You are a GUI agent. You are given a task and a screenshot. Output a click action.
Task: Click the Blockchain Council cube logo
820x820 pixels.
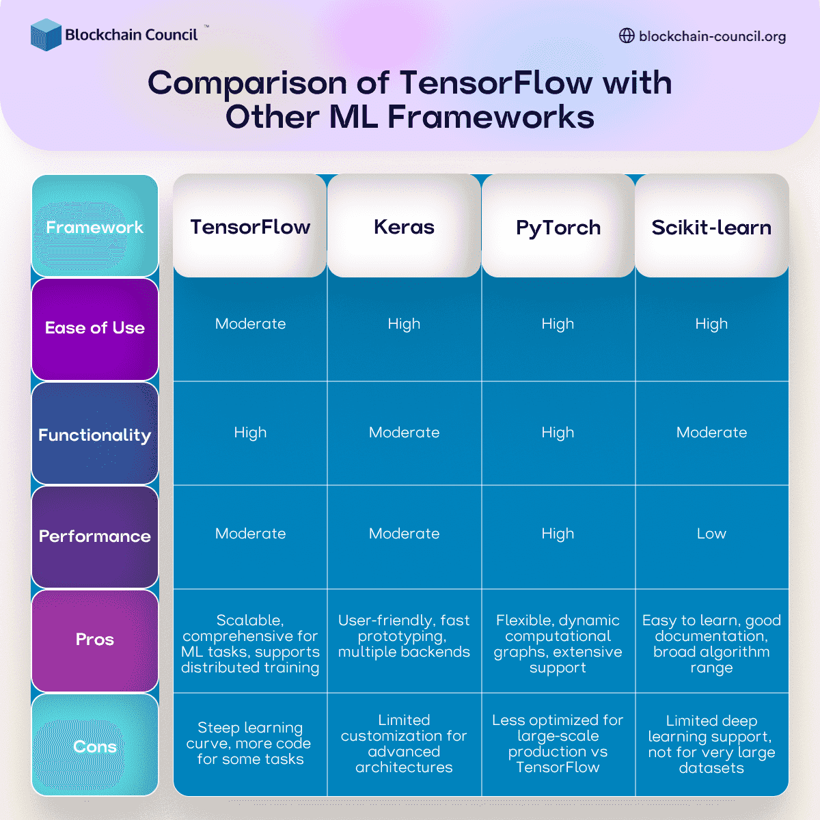pyautogui.click(x=46, y=35)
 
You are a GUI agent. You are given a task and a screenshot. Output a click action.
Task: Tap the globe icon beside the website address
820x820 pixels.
pyautogui.click(x=627, y=36)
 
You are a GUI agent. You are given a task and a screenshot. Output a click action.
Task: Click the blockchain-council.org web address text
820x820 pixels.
pyautogui.click(x=712, y=36)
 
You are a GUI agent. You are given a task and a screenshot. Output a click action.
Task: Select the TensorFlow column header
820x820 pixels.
pyautogui.click(x=250, y=227)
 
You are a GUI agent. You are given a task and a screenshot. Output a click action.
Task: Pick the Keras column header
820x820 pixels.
pyautogui.click(x=404, y=227)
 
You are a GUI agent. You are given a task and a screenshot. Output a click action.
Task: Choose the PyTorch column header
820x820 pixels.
pyautogui.click(x=558, y=228)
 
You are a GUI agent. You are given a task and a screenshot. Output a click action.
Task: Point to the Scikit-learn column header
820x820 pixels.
pyautogui.click(x=711, y=228)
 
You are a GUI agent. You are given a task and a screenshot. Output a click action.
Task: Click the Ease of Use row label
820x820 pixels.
pyautogui.click(x=95, y=328)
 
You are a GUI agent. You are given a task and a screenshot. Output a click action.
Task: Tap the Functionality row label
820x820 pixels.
pyautogui.click(x=95, y=435)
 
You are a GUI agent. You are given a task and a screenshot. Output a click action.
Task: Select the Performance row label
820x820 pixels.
pyautogui.click(x=95, y=536)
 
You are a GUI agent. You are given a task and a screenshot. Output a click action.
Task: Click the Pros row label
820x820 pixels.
pyautogui.click(x=95, y=640)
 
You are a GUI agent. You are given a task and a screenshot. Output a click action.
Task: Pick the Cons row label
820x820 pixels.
pyautogui.click(x=95, y=746)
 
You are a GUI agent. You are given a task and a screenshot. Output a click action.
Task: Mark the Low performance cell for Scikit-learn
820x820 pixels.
pyautogui.click(x=711, y=534)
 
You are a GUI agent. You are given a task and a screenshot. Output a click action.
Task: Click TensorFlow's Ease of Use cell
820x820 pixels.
pyautogui.click(x=250, y=324)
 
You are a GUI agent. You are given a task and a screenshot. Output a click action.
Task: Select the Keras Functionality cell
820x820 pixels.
pyautogui.click(x=404, y=433)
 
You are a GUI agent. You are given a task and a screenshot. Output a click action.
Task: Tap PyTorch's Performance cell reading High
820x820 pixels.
pyautogui.click(x=558, y=534)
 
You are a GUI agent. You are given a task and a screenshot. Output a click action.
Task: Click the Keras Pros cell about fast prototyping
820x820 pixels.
pyautogui.click(x=404, y=636)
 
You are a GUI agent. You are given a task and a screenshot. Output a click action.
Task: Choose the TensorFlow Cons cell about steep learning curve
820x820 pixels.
pyautogui.click(x=250, y=743)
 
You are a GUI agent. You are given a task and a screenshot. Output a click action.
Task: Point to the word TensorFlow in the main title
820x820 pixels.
pyautogui.click(x=496, y=83)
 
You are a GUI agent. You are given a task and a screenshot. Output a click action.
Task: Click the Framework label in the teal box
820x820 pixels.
pyautogui.click(x=95, y=227)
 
